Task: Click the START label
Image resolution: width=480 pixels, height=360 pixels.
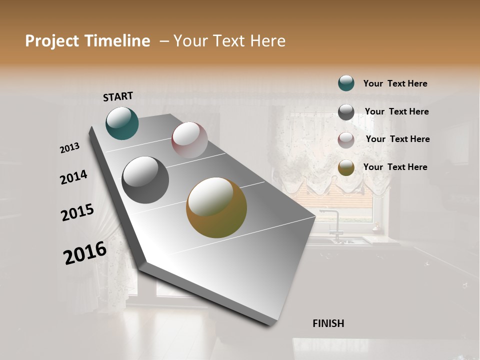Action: click(x=118, y=96)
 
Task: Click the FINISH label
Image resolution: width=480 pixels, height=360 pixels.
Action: click(x=328, y=323)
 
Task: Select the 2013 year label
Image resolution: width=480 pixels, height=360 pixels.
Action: click(x=70, y=148)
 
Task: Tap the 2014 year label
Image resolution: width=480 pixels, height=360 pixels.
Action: click(x=73, y=177)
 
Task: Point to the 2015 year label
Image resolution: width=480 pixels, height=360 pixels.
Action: click(x=77, y=212)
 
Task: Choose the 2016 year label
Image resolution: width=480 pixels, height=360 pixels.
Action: click(x=85, y=252)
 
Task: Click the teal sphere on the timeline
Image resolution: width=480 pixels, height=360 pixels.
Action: click(x=122, y=123)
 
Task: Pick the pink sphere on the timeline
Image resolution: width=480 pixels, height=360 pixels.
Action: click(x=189, y=140)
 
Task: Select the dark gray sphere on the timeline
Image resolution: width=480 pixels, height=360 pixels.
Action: click(x=145, y=180)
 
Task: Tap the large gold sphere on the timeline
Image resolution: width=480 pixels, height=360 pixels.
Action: click(x=216, y=207)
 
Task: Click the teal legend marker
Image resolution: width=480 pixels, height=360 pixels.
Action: click(x=346, y=83)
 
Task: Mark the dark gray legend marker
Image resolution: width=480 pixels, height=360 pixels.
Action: click(x=346, y=112)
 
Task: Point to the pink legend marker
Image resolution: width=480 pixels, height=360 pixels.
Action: click(x=346, y=140)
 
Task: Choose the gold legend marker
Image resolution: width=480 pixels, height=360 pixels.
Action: click(x=346, y=167)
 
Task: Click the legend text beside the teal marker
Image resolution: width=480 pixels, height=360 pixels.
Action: click(x=395, y=83)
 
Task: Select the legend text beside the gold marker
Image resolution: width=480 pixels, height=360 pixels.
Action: click(x=395, y=167)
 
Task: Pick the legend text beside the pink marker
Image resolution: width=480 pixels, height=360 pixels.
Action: click(x=397, y=139)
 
